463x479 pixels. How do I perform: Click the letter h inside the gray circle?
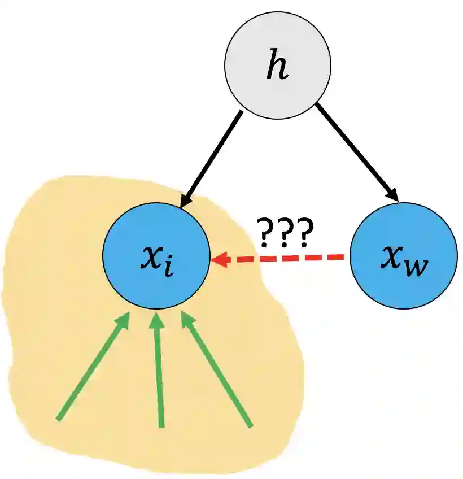click(277, 67)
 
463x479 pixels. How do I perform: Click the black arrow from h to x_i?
click(211, 158)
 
